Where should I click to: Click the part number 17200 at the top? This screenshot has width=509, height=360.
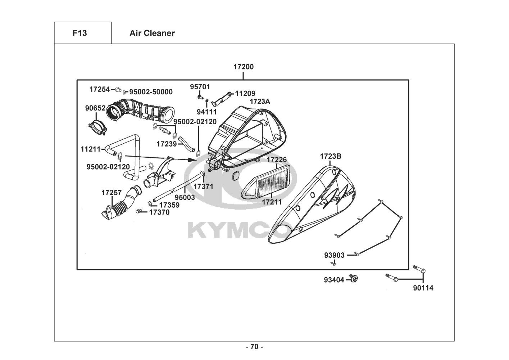(243, 67)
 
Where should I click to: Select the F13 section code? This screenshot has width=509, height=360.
(79, 33)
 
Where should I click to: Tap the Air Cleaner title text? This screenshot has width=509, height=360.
(152, 33)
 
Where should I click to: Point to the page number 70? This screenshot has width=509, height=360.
(254, 347)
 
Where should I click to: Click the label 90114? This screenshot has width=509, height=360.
(423, 288)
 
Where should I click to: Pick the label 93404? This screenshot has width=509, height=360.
(334, 279)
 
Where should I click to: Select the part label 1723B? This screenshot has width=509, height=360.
(331, 156)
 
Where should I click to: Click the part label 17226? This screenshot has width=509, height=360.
(276, 159)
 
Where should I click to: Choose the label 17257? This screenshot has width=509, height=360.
(112, 193)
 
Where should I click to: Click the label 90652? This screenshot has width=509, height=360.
(95, 108)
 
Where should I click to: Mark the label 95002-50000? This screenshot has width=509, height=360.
(151, 92)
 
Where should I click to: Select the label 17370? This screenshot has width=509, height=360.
(159, 212)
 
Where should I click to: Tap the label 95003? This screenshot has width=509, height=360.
(185, 197)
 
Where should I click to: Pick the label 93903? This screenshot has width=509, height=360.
(334, 255)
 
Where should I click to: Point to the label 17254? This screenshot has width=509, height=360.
(100, 89)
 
